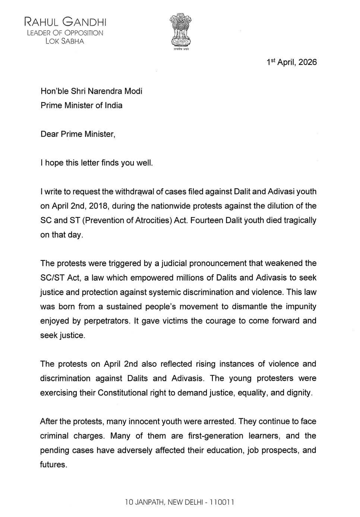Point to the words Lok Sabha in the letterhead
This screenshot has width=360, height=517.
[65, 41]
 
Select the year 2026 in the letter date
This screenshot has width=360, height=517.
[307, 62]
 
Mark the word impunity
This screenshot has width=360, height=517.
[301, 307]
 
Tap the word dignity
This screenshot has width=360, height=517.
[298, 393]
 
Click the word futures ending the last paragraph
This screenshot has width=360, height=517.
[53, 465]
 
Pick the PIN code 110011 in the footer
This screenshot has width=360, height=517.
[222, 502]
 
